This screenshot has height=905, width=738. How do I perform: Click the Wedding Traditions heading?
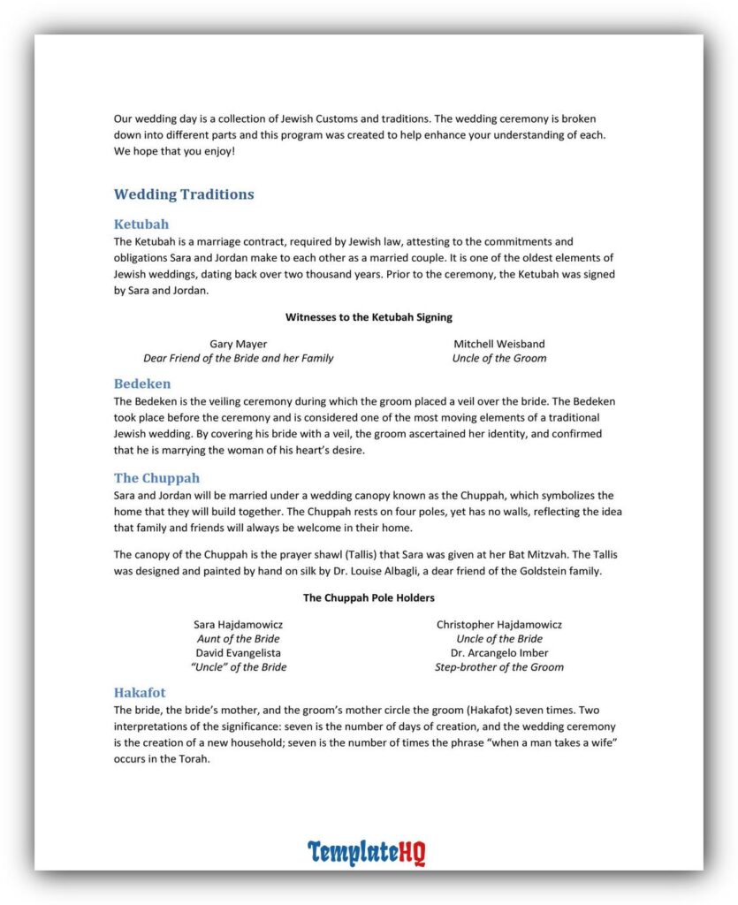[184, 194]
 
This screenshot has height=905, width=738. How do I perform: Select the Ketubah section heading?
[141, 224]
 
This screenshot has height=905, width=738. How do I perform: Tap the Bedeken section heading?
[142, 384]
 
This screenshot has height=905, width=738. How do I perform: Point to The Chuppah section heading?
[156, 479]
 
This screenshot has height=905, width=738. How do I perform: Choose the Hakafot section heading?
[140, 693]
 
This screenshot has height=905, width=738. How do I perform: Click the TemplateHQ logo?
[367, 853]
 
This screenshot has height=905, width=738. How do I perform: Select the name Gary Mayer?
[239, 344]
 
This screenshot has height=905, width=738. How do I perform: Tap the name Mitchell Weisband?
[498, 344]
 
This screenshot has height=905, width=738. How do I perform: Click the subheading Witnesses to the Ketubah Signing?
[369, 316]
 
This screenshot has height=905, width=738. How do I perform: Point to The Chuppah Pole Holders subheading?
[369, 597]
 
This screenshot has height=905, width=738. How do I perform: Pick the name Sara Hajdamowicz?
[239, 625]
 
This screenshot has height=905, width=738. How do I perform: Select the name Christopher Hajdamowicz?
[498, 625]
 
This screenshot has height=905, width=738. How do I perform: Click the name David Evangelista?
[239, 653]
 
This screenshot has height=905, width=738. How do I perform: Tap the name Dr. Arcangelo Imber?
[498, 653]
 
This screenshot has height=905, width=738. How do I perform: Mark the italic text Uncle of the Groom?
[498, 358]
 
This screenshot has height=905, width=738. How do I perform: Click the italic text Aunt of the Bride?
[239, 639]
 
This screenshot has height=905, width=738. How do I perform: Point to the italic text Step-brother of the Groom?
[498, 667]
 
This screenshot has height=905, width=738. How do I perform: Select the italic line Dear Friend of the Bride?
[239, 358]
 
